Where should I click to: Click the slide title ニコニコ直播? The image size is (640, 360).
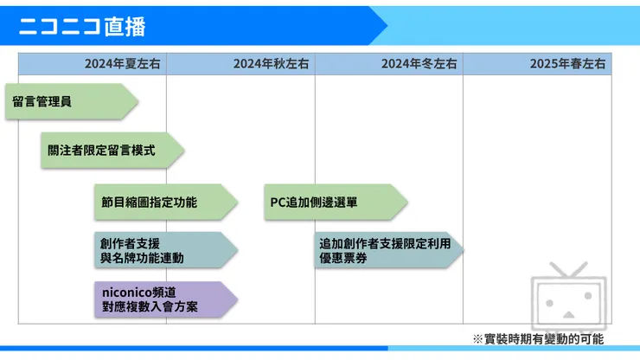pos(82,26)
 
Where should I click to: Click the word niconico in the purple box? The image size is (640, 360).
pos(127,292)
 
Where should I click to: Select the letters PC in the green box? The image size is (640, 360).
pos(278,202)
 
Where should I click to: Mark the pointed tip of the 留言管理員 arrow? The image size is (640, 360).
pos(138,101)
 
